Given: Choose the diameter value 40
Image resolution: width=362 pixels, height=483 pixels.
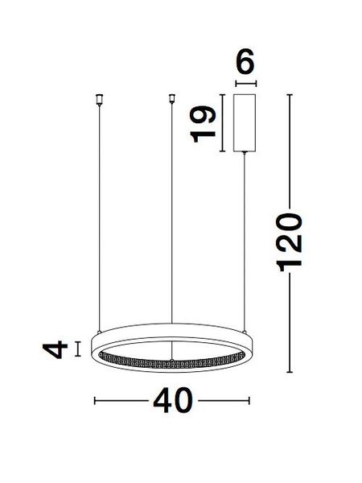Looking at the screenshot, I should coord(173,400).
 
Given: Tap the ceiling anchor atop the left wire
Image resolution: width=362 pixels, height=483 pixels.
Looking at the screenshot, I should coord(99,100).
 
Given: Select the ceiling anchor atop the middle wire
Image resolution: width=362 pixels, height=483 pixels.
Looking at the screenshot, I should coord(171,100).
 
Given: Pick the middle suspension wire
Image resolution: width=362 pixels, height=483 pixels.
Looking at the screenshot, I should coord(171,209).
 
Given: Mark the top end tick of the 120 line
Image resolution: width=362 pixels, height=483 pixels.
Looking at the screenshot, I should coord(290,95).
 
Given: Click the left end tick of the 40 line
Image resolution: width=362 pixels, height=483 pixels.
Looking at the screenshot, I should coord(96,400).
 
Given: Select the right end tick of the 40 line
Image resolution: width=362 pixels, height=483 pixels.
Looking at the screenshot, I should coord(251,400).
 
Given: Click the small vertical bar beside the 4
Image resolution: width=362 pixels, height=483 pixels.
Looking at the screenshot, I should coord(77,349).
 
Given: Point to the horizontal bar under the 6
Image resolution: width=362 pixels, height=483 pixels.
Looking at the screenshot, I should coord(245,83).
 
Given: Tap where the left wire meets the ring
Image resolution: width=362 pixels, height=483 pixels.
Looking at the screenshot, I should coord(99,330).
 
